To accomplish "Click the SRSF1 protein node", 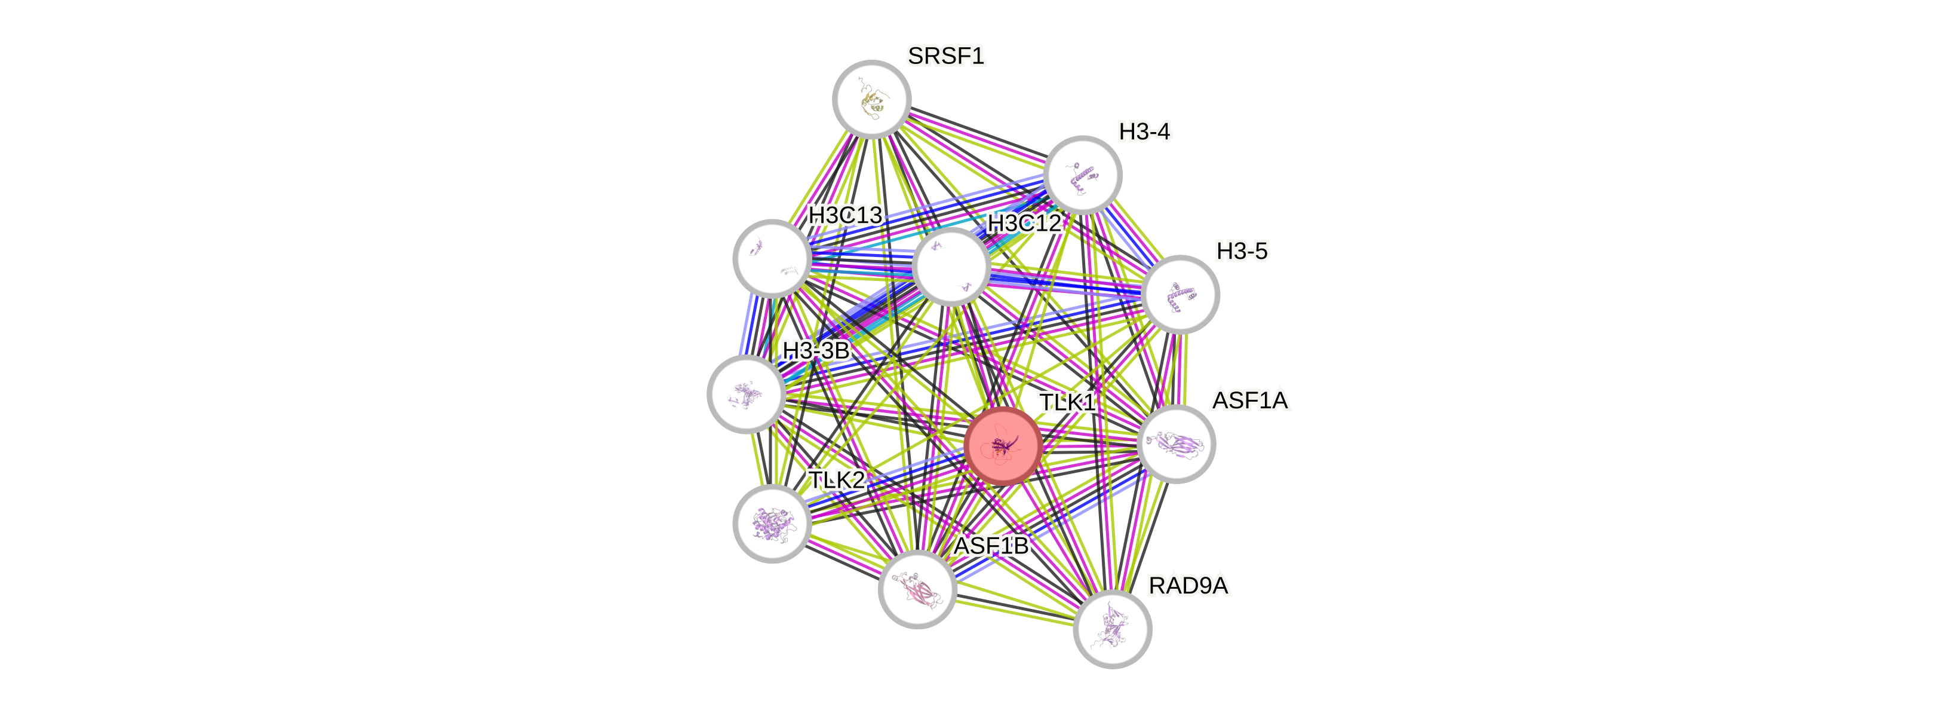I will (x=872, y=99).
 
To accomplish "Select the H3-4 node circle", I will (x=1083, y=175).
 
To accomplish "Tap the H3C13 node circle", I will (x=772, y=258).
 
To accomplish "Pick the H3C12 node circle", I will (x=951, y=267).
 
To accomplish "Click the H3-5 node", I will (x=1180, y=294).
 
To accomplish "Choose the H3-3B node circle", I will (x=746, y=394).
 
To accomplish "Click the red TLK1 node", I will (x=1003, y=445).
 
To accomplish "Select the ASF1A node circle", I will (x=1175, y=444).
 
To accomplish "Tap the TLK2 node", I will (x=772, y=523).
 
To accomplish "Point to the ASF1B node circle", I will (x=917, y=590).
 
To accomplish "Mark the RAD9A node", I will (x=1112, y=629).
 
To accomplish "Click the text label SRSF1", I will (x=945, y=56).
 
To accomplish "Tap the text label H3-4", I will (x=1144, y=132).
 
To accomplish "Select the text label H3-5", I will (x=1242, y=251).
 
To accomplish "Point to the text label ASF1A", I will (x=1250, y=400).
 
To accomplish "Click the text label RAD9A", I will (x=1188, y=586).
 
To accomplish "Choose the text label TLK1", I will (x=1066, y=402).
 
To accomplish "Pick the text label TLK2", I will (x=836, y=479).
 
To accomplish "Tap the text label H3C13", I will (x=844, y=216).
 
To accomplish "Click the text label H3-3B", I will (x=815, y=350).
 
